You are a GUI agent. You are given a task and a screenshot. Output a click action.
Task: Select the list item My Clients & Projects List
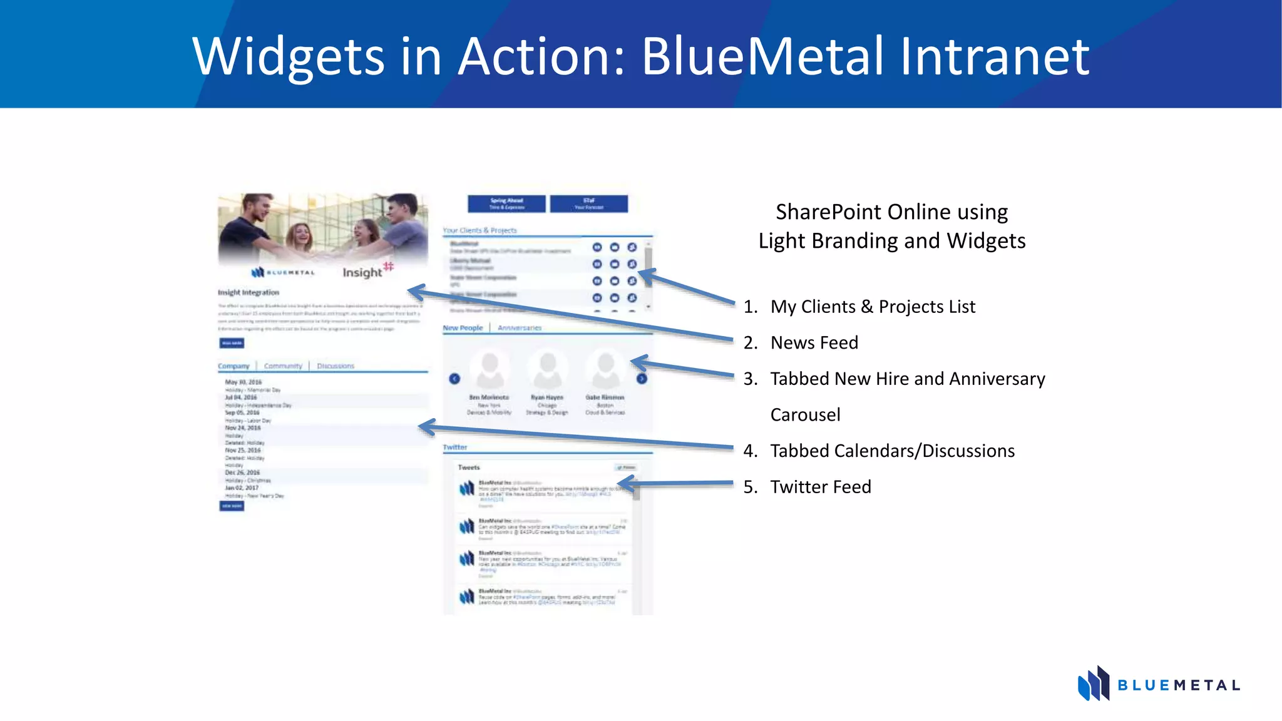point(873,307)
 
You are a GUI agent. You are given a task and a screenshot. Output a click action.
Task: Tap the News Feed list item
point(814,343)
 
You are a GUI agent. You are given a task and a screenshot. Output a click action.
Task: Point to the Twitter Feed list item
point(820,487)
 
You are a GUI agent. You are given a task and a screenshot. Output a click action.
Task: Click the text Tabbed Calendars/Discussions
point(892,451)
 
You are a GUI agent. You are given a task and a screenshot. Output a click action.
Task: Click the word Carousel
point(805,415)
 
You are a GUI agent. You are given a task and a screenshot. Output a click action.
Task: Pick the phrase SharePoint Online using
point(891,212)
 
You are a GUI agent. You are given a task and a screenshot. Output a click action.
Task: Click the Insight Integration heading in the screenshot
point(249,292)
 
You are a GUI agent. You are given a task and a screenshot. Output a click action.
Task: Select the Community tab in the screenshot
point(283,366)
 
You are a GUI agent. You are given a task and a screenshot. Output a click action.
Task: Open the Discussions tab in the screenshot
point(336,366)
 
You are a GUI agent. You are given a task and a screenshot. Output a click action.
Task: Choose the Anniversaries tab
point(520,328)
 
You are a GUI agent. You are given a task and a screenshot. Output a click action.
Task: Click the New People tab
point(463,328)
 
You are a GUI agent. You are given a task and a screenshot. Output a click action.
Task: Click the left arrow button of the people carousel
point(454,379)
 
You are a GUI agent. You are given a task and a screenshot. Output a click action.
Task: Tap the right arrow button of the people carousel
point(642,379)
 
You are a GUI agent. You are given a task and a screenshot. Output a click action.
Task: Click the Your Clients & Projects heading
point(480,230)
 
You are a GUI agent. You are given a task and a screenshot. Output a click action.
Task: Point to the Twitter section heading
point(455,447)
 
